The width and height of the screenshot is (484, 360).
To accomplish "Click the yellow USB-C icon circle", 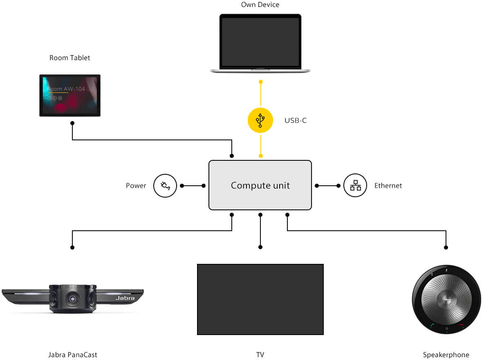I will [x=260, y=120].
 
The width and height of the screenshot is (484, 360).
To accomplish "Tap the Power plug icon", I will [x=165, y=185].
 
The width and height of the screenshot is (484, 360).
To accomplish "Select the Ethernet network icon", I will [x=355, y=185].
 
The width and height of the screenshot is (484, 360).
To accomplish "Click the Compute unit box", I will [x=260, y=185].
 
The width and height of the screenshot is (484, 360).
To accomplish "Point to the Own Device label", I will [x=260, y=5].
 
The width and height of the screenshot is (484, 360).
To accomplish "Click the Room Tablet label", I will [x=69, y=58].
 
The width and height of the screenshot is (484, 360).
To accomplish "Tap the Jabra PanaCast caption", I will [x=72, y=355].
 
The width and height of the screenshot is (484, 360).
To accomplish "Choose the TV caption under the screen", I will [x=260, y=355].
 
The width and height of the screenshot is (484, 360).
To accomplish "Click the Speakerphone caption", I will [x=446, y=355].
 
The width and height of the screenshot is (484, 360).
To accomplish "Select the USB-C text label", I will [x=296, y=121].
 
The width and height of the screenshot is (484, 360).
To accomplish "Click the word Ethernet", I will [x=388, y=186].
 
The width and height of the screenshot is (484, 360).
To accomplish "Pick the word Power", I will [x=136, y=186].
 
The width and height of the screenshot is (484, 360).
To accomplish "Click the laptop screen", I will [x=260, y=42].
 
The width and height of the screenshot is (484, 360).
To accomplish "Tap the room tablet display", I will [x=70, y=96].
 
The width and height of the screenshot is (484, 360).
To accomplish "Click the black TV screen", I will [x=260, y=299].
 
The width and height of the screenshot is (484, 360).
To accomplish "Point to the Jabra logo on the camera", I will [x=125, y=298].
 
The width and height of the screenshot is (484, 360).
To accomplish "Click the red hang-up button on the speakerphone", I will [x=462, y=326].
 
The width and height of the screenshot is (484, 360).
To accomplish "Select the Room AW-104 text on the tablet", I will [x=66, y=89].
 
